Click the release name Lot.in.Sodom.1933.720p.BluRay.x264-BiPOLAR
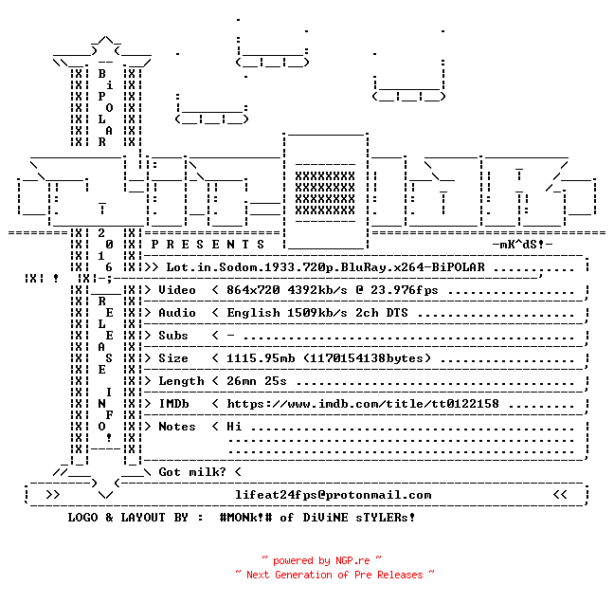(325, 267)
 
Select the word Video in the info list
(177, 290)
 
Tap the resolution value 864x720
(253, 290)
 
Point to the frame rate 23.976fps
(405, 290)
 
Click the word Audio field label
(177, 313)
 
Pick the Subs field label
(173, 336)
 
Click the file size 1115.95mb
(261, 358)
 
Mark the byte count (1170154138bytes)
(367, 358)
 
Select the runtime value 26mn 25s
(257, 381)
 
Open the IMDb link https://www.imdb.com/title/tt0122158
(363, 404)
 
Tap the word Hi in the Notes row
(234, 427)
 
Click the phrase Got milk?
(192, 472)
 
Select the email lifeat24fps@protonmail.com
(334, 495)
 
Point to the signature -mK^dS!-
(522, 245)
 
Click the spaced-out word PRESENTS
(208, 245)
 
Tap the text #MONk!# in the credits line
(246, 517)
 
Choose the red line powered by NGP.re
(321, 560)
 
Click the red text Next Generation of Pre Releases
(334, 575)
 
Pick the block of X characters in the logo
(325, 192)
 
